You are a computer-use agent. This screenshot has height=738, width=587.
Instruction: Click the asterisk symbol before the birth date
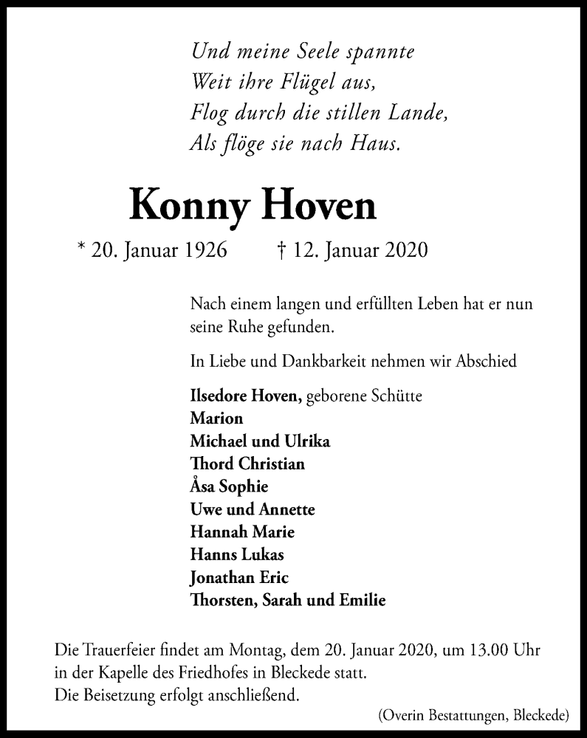(x=80, y=248)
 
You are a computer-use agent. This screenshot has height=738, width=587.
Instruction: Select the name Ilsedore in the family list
(x=219, y=396)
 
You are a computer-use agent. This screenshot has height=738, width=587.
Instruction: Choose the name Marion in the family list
(x=216, y=418)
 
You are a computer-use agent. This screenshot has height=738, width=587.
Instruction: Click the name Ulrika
(x=306, y=441)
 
